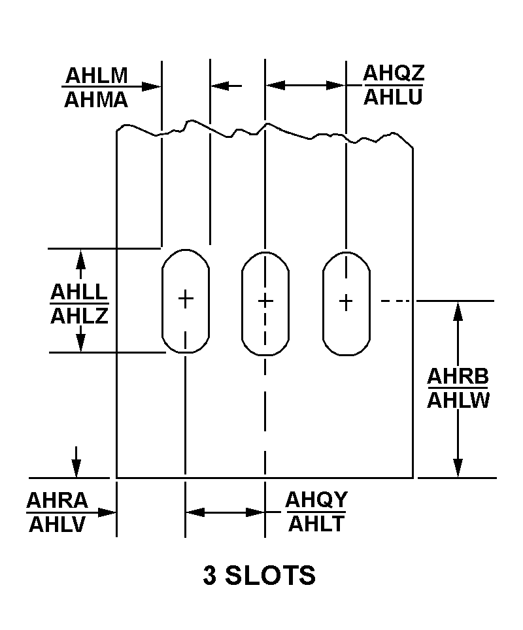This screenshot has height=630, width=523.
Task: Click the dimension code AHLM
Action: (95, 75)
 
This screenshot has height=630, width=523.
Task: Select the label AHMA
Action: (96, 99)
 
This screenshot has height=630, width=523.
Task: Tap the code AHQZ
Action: (394, 73)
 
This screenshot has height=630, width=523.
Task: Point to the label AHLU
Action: (394, 97)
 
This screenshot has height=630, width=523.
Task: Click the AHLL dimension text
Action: (79, 291)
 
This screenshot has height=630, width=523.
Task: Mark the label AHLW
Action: (459, 401)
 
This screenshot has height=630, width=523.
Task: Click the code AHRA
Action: (58, 501)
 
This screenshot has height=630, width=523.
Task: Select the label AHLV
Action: (58, 525)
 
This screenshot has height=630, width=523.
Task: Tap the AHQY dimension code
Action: (316, 500)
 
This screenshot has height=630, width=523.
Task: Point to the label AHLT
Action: (316, 524)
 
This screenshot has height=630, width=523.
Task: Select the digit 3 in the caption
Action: (210, 576)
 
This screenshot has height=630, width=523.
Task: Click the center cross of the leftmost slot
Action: (186, 299)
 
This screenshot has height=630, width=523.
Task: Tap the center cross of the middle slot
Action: (265, 301)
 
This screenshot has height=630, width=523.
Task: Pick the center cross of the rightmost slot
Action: (346, 301)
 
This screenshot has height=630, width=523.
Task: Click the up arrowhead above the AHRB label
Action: (458, 310)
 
